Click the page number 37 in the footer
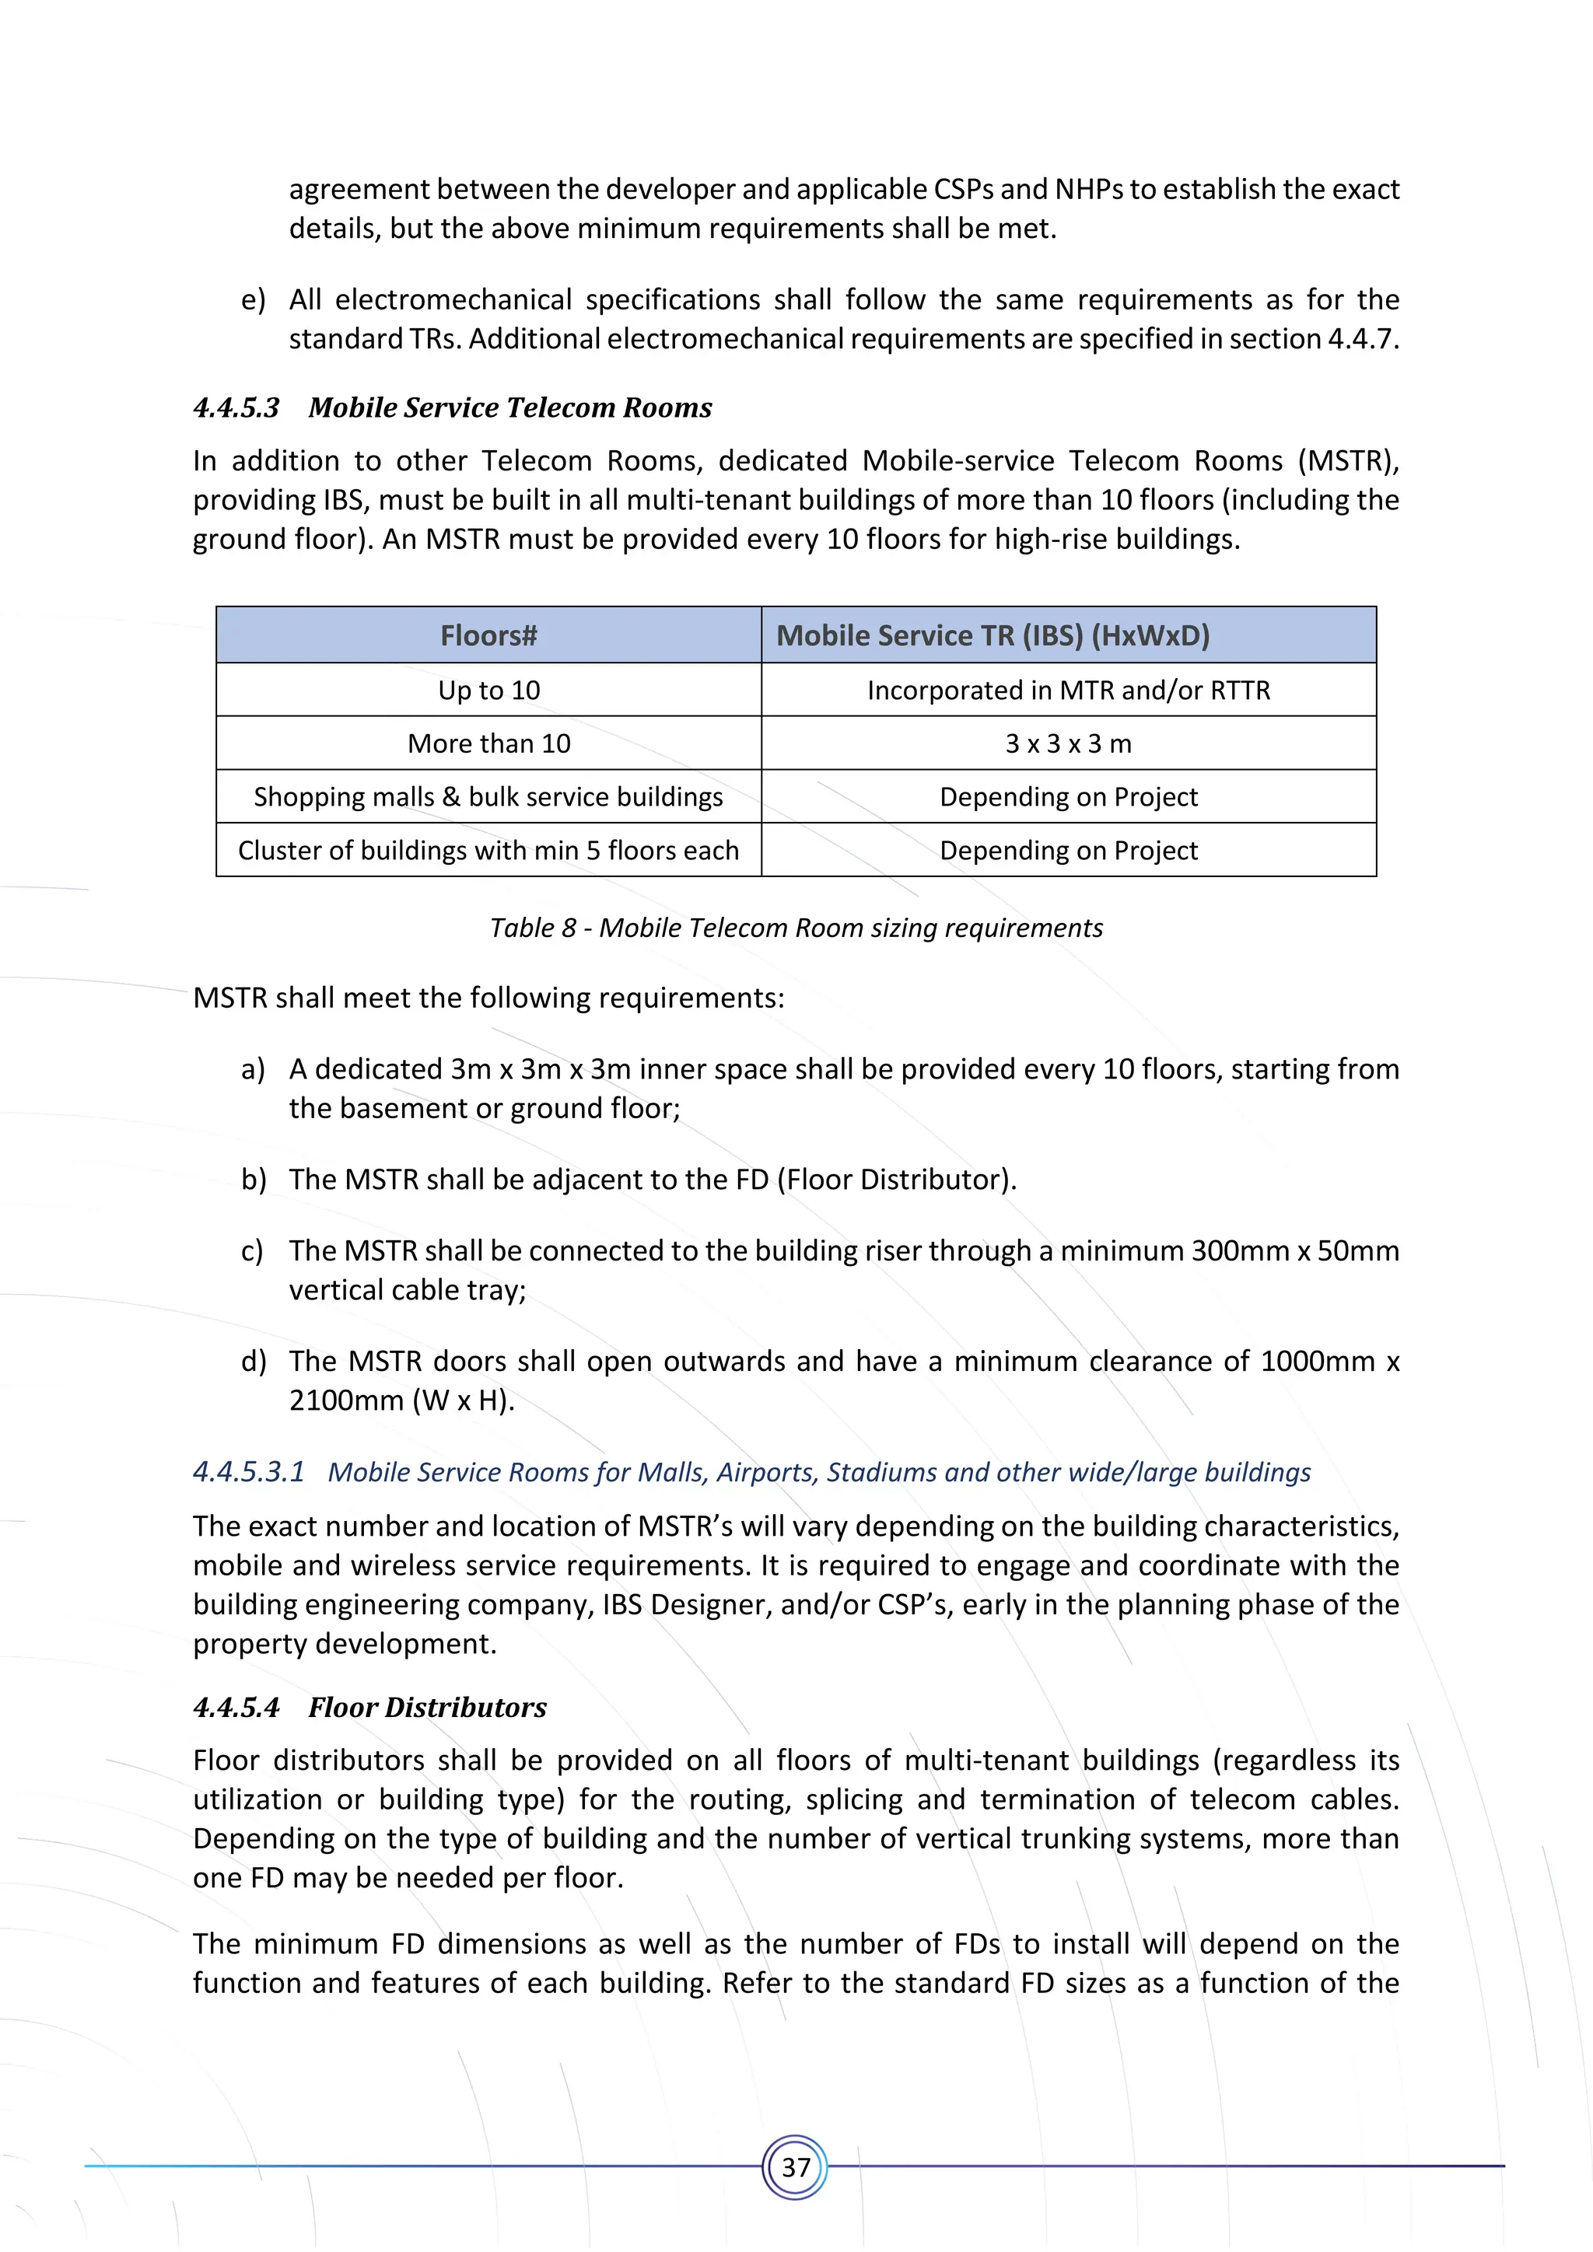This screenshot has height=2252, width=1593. (796, 2166)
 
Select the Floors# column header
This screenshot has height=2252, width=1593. (488, 635)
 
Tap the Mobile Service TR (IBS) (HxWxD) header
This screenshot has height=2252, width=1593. (993, 635)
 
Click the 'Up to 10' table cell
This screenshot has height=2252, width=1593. (488, 691)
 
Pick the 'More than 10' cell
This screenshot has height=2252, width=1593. (488, 743)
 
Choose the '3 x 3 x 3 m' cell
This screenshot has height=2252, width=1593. (1068, 743)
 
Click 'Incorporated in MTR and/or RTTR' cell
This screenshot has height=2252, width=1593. (1068, 691)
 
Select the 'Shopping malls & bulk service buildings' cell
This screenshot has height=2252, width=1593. (488, 796)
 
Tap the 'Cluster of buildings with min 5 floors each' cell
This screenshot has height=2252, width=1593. (488, 851)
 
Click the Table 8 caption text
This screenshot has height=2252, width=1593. (796, 928)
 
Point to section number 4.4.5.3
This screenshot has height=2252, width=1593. (236, 408)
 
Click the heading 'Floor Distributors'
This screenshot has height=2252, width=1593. (427, 1708)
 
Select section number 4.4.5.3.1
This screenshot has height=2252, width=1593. (248, 1472)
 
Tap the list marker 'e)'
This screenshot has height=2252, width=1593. (253, 300)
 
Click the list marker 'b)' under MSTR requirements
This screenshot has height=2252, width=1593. (253, 1180)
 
